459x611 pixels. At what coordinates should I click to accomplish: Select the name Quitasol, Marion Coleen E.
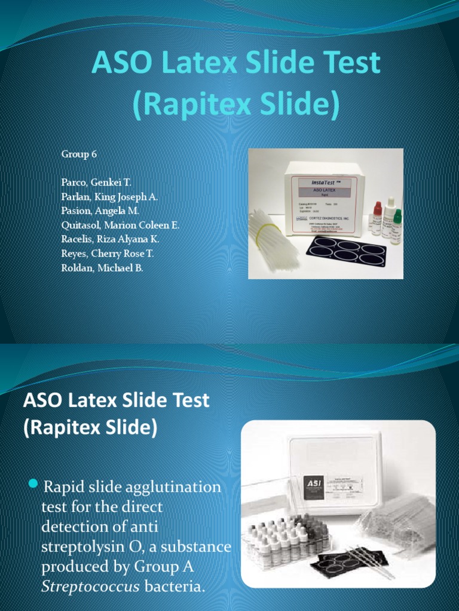(x=120, y=225)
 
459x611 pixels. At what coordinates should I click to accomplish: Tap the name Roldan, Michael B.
(x=102, y=268)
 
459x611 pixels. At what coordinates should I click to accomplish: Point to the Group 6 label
(x=79, y=154)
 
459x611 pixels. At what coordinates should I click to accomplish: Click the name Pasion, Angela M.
(x=99, y=211)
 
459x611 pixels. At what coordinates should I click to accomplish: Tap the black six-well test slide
(x=347, y=251)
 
